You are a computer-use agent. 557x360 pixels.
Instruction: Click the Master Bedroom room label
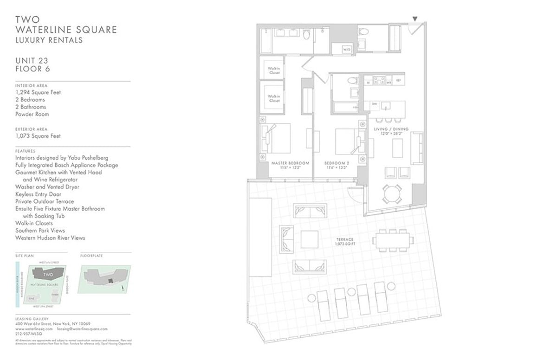pyautogui.click(x=290, y=166)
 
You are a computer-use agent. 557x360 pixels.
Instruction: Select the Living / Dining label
pyautogui.click(x=391, y=131)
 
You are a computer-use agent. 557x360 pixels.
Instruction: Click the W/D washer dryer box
pyautogui.click(x=347, y=49)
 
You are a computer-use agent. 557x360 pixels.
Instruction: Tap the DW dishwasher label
pyautogui.click(x=374, y=104)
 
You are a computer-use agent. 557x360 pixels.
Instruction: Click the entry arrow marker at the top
pyautogui.click(x=415, y=19)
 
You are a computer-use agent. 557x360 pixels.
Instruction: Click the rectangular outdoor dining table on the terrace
pyautogui.click(x=392, y=240)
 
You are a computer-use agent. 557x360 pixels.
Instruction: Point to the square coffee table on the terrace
pyautogui.click(x=309, y=239)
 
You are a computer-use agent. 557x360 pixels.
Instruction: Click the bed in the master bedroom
pyautogui.click(x=275, y=138)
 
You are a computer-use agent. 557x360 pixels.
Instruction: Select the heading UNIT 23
pyautogui.click(x=32, y=60)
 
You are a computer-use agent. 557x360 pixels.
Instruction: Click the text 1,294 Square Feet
pyautogui.click(x=38, y=92)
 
